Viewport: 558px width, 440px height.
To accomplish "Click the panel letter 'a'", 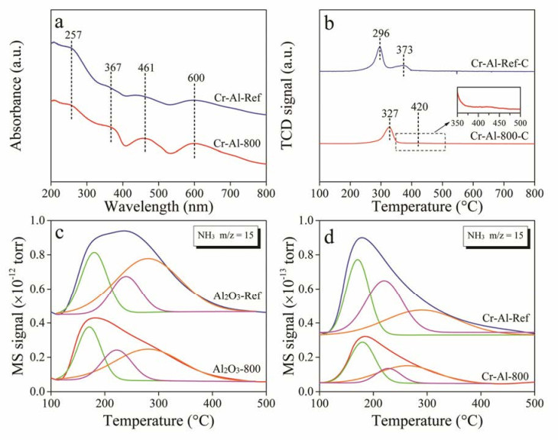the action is [59, 22].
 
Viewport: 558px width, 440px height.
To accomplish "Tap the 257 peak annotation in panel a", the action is [73, 35].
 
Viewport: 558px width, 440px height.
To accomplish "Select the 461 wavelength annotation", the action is [146, 67].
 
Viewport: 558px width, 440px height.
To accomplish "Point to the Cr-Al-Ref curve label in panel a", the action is [238, 98].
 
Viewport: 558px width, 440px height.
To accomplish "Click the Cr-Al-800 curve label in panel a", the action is [237, 144].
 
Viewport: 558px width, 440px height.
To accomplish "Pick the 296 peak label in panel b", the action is [381, 34].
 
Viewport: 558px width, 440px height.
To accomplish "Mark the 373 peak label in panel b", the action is [404, 50].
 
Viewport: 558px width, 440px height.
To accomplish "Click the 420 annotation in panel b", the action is [420, 107].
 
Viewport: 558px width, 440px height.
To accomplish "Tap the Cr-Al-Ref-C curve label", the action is [500, 63].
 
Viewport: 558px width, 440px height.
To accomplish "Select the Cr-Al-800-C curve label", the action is [499, 136].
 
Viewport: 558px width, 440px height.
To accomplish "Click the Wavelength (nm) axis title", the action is [159, 206].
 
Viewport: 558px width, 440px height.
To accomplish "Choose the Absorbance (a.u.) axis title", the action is [16, 98].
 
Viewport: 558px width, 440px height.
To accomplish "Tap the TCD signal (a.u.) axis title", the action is [287, 97].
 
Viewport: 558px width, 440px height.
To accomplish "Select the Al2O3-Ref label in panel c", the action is [238, 296].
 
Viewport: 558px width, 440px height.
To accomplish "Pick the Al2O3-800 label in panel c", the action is [237, 369].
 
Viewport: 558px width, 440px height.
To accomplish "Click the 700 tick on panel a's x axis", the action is [230, 193].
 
